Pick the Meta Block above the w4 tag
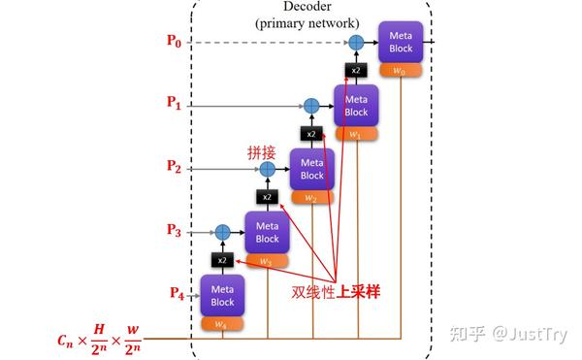tap(222, 294)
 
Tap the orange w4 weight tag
tap(222, 324)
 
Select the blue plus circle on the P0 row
tap(355, 43)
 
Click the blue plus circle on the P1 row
tap(311, 105)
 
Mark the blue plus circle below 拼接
tap(268, 168)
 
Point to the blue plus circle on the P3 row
tap(222, 231)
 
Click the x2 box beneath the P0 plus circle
tap(355, 70)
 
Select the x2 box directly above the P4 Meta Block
tap(222, 260)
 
